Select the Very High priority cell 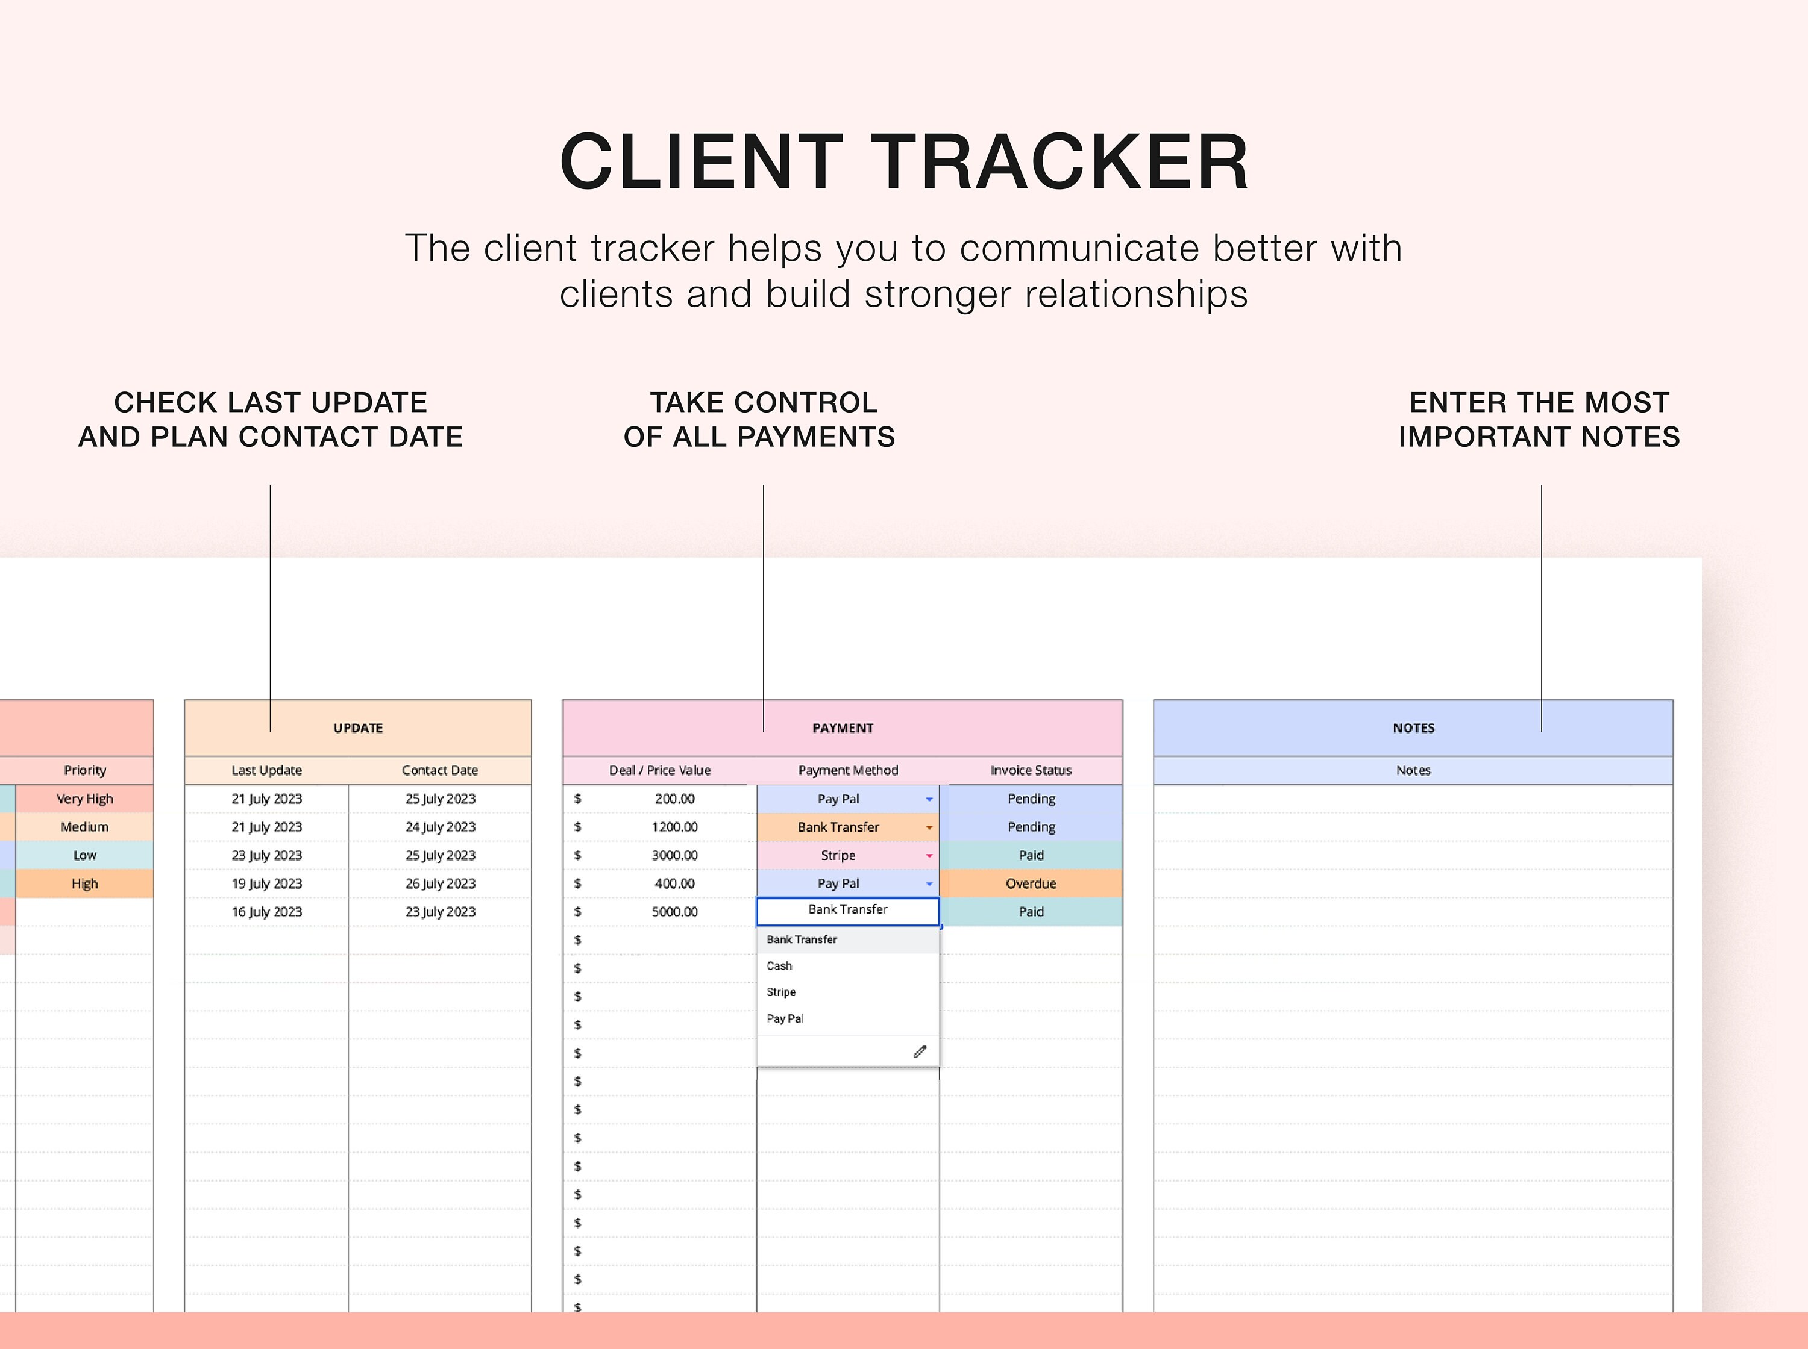coord(85,799)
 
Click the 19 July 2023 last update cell coord(266,883)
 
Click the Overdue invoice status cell coord(1031,883)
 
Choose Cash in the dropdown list coord(779,966)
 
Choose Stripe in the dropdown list coord(781,992)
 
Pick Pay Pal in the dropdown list coord(785,1018)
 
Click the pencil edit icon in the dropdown coord(920,1051)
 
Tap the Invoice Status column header coord(1031,770)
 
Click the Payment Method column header coord(848,770)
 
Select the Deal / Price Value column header coord(660,770)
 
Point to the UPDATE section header coord(358,727)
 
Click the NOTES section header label coord(1413,727)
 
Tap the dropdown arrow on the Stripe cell coord(929,856)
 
